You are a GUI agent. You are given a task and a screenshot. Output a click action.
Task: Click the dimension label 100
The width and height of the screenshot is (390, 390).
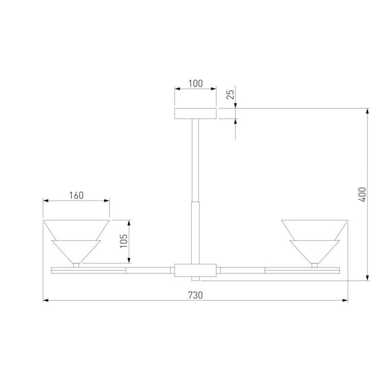(196, 84)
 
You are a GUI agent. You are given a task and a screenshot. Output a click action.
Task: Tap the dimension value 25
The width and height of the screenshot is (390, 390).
(231, 95)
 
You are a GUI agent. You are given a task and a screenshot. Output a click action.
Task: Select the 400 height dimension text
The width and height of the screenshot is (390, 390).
(363, 194)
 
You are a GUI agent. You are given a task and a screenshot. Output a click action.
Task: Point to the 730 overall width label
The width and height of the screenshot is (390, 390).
(196, 295)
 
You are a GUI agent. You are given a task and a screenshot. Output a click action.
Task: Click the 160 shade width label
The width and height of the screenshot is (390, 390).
(76, 196)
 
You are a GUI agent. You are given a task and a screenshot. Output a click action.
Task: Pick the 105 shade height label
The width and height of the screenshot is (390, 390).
(124, 241)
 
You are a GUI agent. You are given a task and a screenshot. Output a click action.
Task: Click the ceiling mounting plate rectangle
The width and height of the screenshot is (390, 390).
(195, 114)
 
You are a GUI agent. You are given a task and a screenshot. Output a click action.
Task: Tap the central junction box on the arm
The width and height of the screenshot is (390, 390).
(195, 270)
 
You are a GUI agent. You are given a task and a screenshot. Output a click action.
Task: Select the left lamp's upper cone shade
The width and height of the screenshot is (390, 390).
(76, 230)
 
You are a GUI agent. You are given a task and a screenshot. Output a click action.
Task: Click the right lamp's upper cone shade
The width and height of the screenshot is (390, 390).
(315, 230)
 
